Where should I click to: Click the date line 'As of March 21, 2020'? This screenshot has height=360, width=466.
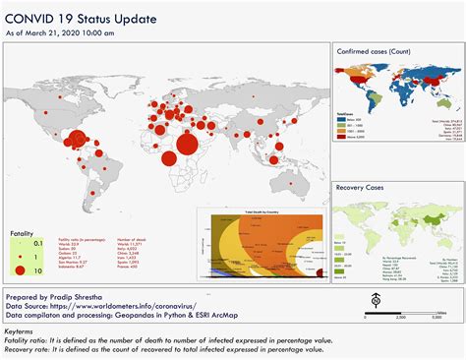pos(60,32)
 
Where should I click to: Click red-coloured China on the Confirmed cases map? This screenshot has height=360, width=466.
pos(422,80)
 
